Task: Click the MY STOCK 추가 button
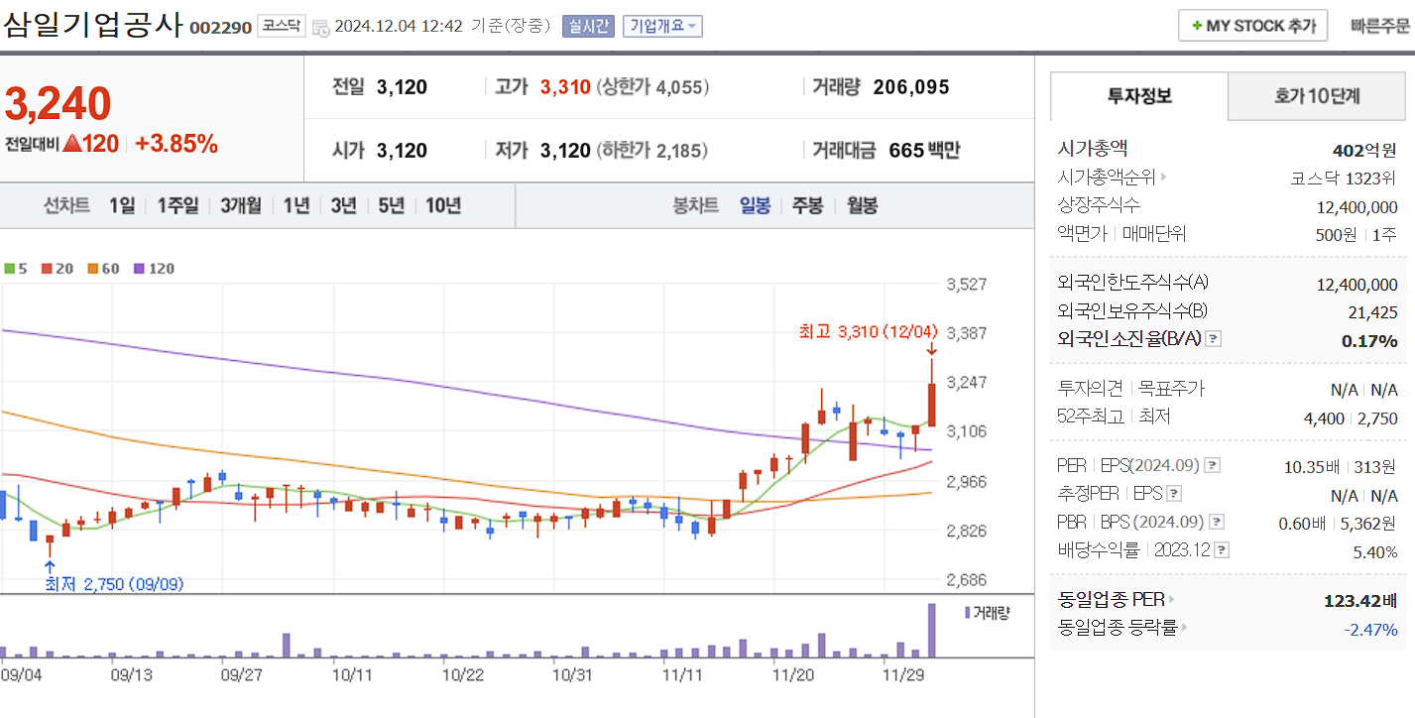[1252, 26]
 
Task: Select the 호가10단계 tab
[1317, 96]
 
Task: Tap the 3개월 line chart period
[241, 206]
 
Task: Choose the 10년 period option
[443, 206]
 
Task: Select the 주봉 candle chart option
[807, 206]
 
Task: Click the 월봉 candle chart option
[862, 206]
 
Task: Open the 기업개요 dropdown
[662, 26]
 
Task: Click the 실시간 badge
[588, 26]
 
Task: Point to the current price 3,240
[59, 103]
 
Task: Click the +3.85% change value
[177, 144]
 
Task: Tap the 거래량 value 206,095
[911, 87]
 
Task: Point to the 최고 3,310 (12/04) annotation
[868, 331]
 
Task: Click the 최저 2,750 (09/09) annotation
[114, 584]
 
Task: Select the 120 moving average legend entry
[154, 269]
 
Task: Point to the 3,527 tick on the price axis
[967, 285]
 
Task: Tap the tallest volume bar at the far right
[931, 630]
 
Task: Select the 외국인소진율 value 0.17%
[1370, 341]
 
